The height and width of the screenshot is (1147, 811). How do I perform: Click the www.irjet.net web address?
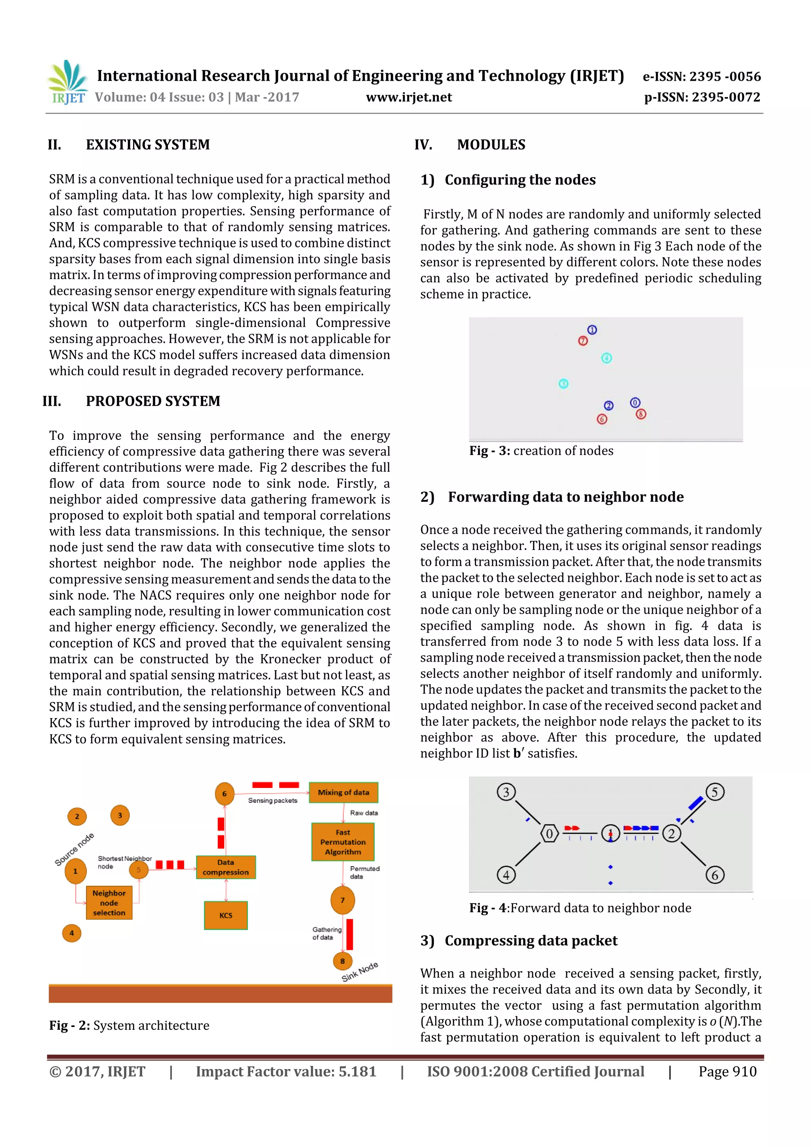click(409, 97)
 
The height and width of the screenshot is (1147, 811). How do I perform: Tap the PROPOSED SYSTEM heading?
click(152, 401)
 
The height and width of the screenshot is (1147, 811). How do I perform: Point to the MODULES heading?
click(491, 145)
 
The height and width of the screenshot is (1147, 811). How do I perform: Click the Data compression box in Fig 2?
click(226, 867)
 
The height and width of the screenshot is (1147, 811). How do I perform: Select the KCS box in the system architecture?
click(226, 915)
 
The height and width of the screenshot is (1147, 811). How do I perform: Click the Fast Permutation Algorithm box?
click(343, 842)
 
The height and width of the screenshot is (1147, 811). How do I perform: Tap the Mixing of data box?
click(343, 792)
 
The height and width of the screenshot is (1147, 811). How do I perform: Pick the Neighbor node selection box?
click(109, 903)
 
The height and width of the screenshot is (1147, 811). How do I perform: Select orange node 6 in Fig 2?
click(225, 793)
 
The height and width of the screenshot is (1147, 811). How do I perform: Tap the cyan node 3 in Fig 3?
click(563, 384)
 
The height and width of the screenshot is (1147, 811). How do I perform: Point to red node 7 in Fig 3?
click(583, 341)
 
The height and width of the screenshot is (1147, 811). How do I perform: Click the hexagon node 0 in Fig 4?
click(549, 833)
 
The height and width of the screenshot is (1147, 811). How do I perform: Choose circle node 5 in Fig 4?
click(714, 792)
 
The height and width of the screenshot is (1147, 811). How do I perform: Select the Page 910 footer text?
click(727, 1071)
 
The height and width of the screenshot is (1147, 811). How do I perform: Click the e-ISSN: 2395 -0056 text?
click(702, 76)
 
